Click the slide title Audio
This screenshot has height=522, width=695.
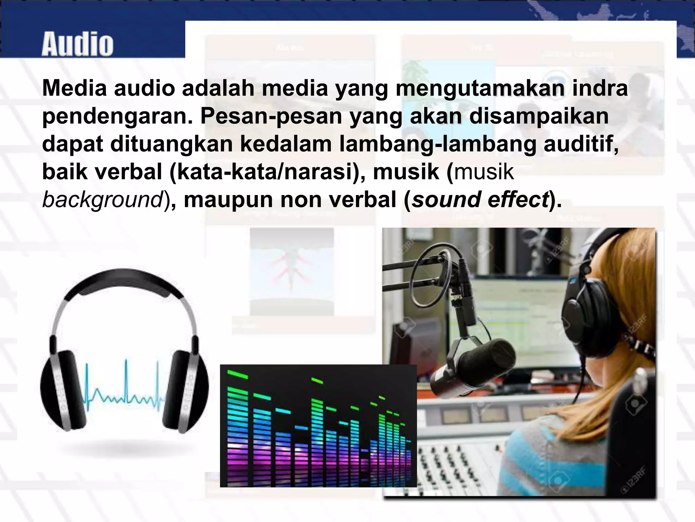tap(77, 44)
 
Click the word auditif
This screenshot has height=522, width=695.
tap(581, 144)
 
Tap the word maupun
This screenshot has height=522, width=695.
tap(228, 200)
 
